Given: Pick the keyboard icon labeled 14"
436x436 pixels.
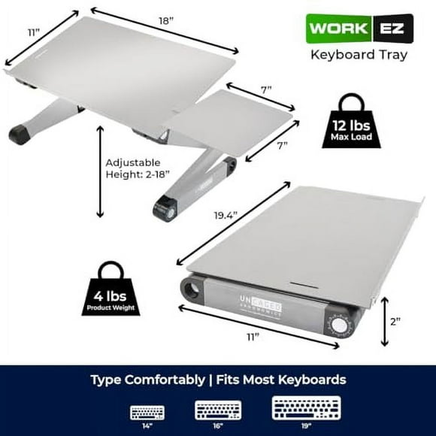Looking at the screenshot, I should point(147,412).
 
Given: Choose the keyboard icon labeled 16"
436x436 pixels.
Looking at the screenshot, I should point(218,411).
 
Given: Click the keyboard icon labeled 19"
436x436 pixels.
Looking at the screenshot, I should point(306,410).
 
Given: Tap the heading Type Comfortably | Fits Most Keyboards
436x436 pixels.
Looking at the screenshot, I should point(218,380).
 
